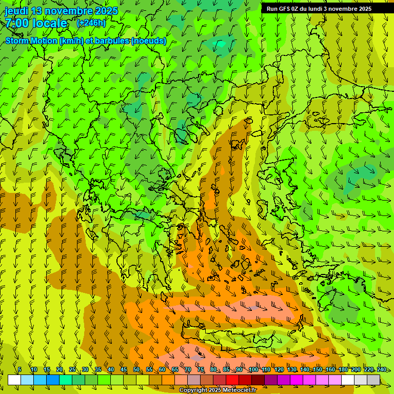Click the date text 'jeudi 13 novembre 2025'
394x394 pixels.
click(x=61, y=11)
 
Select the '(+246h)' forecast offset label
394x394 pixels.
click(x=91, y=23)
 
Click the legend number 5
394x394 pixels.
click(x=19, y=369)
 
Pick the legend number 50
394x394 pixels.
click(x=136, y=369)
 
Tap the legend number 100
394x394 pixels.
click(x=253, y=369)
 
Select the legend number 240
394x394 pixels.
click(x=381, y=369)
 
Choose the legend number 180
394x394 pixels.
click(x=343, y=369)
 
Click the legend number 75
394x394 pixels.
click(x=201, y=369)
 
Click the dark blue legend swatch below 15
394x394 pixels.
click(x=53, y=380)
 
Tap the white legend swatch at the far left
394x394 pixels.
click(x=14, y=380)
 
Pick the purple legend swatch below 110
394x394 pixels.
click(x=271, y=380)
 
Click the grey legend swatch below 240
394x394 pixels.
click(x=373, y=380)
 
